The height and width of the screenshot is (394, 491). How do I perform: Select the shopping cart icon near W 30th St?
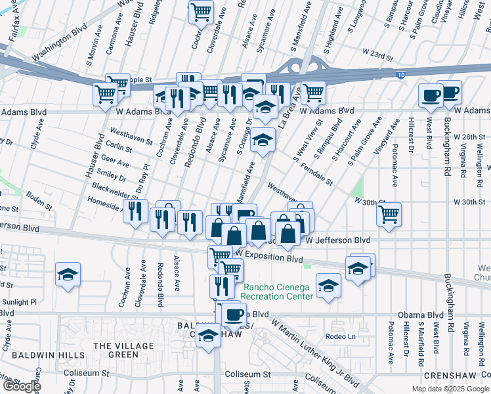tap(389, 214)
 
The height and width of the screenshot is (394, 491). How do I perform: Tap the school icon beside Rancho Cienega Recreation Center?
tap(328, 286)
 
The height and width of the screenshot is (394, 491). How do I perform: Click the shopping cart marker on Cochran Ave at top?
tap(201, 11)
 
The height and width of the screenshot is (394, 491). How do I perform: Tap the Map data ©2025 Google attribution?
tap(450, 389)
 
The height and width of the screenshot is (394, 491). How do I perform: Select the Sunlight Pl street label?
tap(18, 302)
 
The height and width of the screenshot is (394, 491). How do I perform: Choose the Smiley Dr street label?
tap(112, 175)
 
